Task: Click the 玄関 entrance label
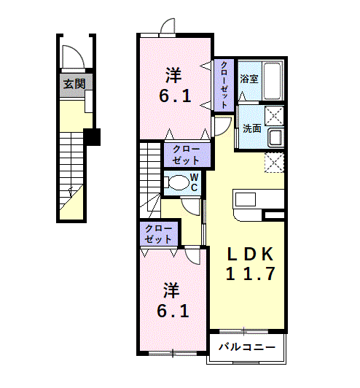click(74, 84)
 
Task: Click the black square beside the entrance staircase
click(92, 136)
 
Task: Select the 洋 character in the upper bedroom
click(173, 74)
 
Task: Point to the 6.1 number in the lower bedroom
click(175, 311)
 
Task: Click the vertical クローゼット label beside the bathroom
click(224, 85)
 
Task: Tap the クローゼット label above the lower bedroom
click(159, 234)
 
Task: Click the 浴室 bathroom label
click(250, 79)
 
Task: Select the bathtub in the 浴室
click(273, 80)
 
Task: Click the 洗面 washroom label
click(252, 128)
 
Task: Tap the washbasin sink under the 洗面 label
click(275, 138)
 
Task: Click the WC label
click(195, 182)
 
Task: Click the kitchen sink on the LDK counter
click(245, 199)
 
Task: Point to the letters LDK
click(249, 255)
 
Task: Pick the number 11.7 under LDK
click(249, 275)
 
